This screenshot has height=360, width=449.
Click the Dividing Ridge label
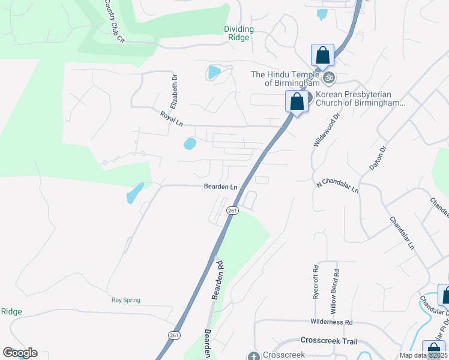point(239,32)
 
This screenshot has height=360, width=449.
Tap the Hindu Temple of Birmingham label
point(286,78)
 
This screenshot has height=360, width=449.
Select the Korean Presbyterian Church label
point(358,99)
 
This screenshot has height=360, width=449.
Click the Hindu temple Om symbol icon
point(328,78)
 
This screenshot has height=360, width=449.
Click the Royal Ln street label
point(172,118)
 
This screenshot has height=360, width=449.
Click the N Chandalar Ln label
point(337,185)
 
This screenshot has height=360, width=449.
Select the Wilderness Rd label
point(331,322)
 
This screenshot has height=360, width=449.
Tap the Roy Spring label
point(125,300)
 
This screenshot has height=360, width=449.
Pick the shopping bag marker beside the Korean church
point(297,101)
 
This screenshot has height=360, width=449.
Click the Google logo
point(20,353)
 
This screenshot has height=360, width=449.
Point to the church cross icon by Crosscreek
point(253,355)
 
